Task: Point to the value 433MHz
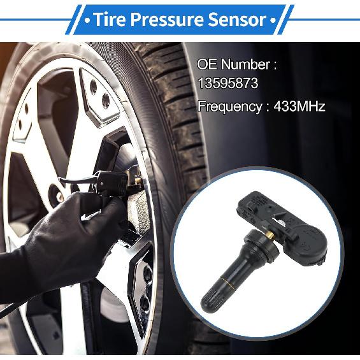point(299,106)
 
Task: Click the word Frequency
point(229,106)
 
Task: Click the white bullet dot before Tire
point(85,20)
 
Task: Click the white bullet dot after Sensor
point(273,20)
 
